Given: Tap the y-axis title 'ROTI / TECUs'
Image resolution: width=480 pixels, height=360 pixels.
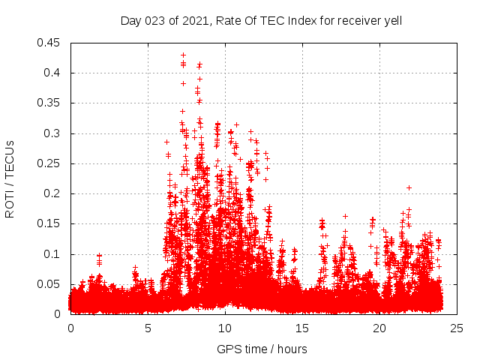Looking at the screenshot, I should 10,178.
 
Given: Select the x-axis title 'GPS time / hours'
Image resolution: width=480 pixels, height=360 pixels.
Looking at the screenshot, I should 262,349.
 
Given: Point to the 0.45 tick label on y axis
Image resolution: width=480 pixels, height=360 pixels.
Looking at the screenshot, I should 49,43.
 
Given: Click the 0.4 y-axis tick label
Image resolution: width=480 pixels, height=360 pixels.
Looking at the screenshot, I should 52,73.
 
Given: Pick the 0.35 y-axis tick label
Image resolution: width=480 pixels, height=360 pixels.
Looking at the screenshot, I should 49,103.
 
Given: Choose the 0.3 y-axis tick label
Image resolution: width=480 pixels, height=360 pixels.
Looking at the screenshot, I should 52,133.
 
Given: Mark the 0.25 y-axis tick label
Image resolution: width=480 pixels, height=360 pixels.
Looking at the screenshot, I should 49,163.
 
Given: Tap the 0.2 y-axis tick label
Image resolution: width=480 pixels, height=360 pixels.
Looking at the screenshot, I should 52,193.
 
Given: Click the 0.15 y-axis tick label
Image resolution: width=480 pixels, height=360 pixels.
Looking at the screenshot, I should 49,223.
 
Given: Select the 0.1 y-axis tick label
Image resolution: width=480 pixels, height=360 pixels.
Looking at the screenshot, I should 52,254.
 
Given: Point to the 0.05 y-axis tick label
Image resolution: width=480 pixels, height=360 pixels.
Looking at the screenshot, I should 49,284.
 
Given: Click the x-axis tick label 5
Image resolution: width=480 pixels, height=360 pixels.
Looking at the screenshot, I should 148,328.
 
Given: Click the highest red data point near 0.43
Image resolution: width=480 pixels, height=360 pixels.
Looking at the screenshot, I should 183,55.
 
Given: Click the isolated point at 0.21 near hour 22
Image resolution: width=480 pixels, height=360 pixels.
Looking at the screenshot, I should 409,187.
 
